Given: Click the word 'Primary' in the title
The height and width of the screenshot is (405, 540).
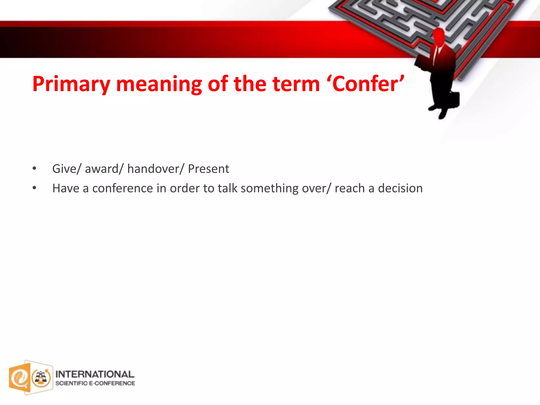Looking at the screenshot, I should [x=71, y=84].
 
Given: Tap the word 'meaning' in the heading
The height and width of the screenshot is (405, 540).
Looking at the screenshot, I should [x=159, y=84].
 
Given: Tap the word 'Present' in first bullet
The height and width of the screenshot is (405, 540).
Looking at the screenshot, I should [x=208, y=169].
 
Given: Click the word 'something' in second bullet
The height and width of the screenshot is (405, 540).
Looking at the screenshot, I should [x=269, y=189].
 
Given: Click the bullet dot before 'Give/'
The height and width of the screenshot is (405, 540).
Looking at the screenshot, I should [x=34, y=169].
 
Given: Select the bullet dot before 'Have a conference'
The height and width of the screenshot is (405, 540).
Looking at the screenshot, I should [x=34, y=188].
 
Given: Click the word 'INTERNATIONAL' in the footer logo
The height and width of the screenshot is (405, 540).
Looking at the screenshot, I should [x=95, y=374].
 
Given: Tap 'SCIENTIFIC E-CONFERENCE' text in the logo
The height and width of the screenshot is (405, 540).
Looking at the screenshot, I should [x=95, y=383].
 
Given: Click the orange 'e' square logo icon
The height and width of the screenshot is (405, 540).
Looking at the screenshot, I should [x=20, y=378].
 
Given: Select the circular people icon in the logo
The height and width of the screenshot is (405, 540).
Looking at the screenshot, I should [x=41, y=378].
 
